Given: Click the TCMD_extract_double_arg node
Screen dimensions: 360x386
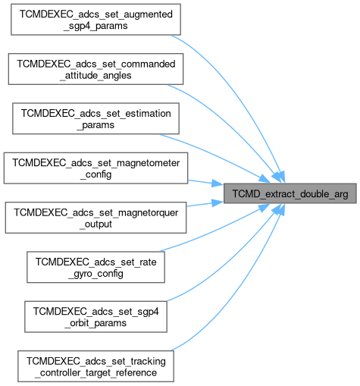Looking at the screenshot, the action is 290,193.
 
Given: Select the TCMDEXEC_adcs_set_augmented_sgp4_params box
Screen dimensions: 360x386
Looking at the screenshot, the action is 95,20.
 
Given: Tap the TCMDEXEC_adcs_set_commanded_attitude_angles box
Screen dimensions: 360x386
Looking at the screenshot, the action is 95,69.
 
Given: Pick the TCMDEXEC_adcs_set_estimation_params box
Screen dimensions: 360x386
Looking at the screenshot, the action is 95,118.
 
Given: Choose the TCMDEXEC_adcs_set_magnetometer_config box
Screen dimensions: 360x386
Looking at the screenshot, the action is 95,168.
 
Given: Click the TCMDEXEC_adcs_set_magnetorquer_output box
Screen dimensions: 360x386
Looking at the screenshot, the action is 95,218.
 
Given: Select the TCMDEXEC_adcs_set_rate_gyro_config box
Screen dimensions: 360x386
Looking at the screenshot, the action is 95,267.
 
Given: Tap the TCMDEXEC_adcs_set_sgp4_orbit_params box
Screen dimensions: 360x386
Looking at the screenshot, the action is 95,317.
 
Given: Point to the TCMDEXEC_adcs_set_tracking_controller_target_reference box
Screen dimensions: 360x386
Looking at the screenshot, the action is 95,366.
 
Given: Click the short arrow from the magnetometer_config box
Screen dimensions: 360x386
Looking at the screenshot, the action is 205,183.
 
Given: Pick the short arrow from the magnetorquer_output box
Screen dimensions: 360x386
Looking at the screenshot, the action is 205,204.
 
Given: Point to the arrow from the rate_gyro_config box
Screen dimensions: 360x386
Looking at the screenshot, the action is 218,231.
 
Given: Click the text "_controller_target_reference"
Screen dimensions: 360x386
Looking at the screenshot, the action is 95,372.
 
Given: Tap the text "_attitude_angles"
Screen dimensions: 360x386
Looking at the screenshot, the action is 95,75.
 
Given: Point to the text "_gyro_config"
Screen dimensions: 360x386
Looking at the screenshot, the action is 95,274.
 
